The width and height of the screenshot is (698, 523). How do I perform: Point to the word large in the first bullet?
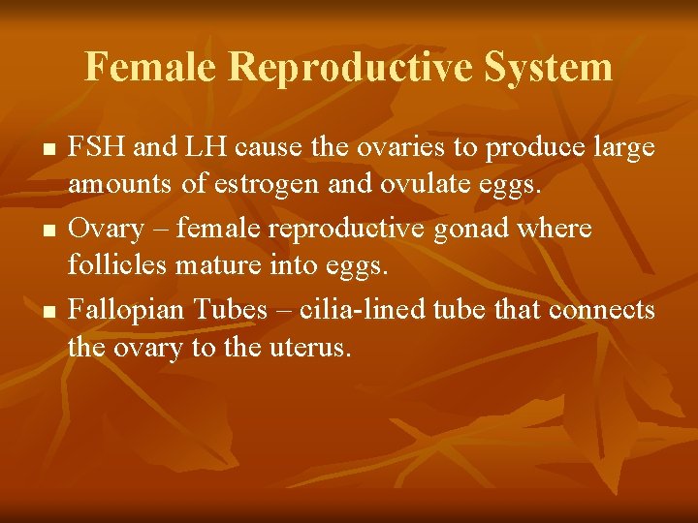click(x=623, y=148)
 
